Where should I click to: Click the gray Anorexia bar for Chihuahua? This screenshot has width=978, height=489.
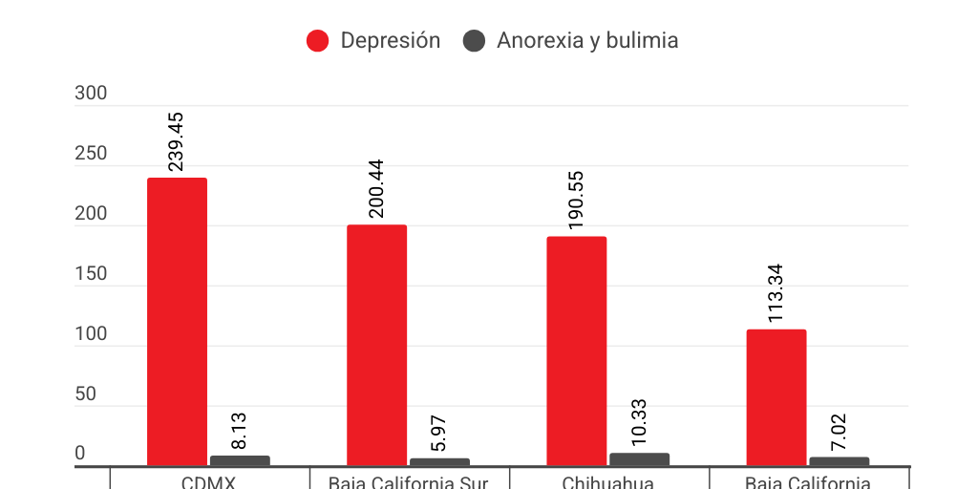click(639, 459)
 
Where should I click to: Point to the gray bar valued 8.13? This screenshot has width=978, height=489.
click(240, 460)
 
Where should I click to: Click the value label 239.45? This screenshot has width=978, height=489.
click(176, 142)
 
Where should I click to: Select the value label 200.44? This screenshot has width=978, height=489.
click(376, 189)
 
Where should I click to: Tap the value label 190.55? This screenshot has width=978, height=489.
click(576, 201)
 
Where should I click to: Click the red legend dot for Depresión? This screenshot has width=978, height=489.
click(317, 41)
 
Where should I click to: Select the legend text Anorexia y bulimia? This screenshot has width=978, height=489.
click(587, 41)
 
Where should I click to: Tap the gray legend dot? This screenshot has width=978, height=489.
click(474, 41)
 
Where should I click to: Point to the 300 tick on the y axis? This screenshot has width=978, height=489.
click(91, 94)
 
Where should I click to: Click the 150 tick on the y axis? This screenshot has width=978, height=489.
click(91, 274)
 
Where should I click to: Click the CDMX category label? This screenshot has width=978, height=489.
click(210, 481)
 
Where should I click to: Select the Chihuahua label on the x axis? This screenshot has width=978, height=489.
click(608, 481)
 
